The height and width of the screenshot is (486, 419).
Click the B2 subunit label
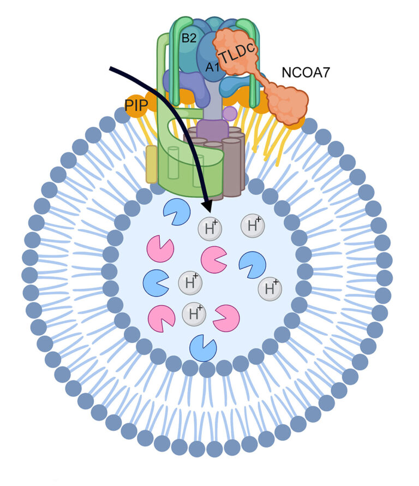click(x=189, y=38)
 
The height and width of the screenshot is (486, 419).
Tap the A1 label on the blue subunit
click(x=213, y=67)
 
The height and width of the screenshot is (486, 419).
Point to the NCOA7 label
click(x=306, y=73)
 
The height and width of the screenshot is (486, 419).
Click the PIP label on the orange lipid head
click(x=136, y=105)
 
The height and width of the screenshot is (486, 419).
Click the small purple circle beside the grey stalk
click(x=230, y=114)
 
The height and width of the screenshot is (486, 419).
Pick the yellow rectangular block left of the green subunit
click(x=152, y=164)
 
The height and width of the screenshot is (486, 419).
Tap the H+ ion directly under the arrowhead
click(x=210, y=229)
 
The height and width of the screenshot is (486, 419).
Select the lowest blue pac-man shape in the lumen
click(x=203, y=348)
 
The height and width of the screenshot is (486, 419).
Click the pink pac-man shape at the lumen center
click(x=213, y=260)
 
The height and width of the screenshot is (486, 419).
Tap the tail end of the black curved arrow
click(x=111, y=68)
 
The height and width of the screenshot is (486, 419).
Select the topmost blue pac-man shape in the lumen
click(x=177, y=212)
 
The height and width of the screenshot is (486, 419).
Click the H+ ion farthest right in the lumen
click(x=270, y=289)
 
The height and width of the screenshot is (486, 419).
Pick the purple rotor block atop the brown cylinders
click(x=212, y=130)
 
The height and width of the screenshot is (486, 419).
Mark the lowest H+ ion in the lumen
click(x=194, y=314)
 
